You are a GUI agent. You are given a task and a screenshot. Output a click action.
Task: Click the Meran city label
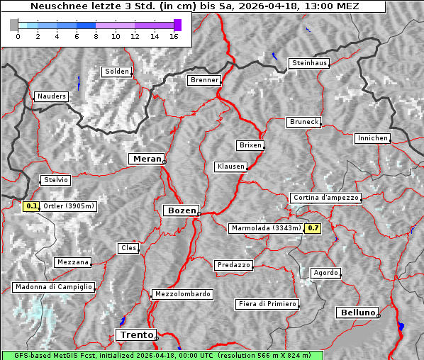click(146, 159)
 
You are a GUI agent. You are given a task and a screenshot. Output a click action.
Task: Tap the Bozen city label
click(180, 210)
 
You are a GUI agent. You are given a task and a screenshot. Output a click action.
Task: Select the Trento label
click(135, 334)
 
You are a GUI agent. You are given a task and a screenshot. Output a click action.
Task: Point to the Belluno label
click(357, 312)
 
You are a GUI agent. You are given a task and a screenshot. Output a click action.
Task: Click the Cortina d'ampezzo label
click(325, 198)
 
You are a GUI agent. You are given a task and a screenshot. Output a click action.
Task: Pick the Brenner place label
click(204, 80)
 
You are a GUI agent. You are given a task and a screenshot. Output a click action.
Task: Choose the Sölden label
click(117, 72)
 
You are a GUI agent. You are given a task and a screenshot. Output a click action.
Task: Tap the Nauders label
click(50, 96)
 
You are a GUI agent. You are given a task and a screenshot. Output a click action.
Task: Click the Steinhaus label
click(310, 63)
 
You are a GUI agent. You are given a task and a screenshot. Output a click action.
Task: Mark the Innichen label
click(372, 138)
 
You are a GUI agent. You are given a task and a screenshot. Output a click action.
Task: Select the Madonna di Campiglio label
click(53, 287)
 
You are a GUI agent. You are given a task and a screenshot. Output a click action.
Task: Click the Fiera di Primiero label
click(267, 304)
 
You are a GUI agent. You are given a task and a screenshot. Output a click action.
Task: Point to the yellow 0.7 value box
click(313, 228)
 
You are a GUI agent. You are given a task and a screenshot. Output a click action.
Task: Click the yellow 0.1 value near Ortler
click(31, 206)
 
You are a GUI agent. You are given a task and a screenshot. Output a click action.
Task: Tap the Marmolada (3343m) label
click(266, 228)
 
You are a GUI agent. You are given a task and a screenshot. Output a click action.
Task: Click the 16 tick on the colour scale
click(173, 37)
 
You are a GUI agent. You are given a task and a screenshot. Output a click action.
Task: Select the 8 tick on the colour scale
click(96, 37)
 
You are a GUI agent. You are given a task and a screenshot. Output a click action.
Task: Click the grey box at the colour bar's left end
click(14, 25)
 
